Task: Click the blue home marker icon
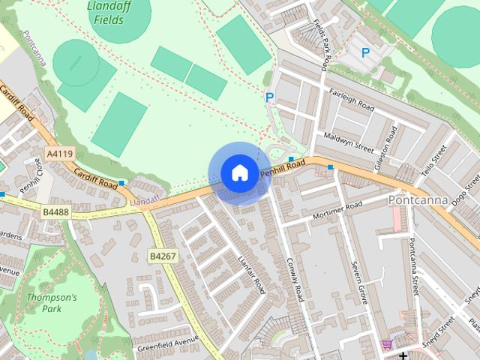pyautogui.click(x=239, y=173)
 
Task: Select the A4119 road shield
pyautogui.click(x=60, y=154)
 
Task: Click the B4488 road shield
pyautogui.click(x=55, y=213)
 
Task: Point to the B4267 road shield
pyautogui.click(x=163, y=256)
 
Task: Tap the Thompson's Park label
pyautogui.click(x=52, y=303)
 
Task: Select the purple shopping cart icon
pyautogui.click(x=387, y=343)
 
